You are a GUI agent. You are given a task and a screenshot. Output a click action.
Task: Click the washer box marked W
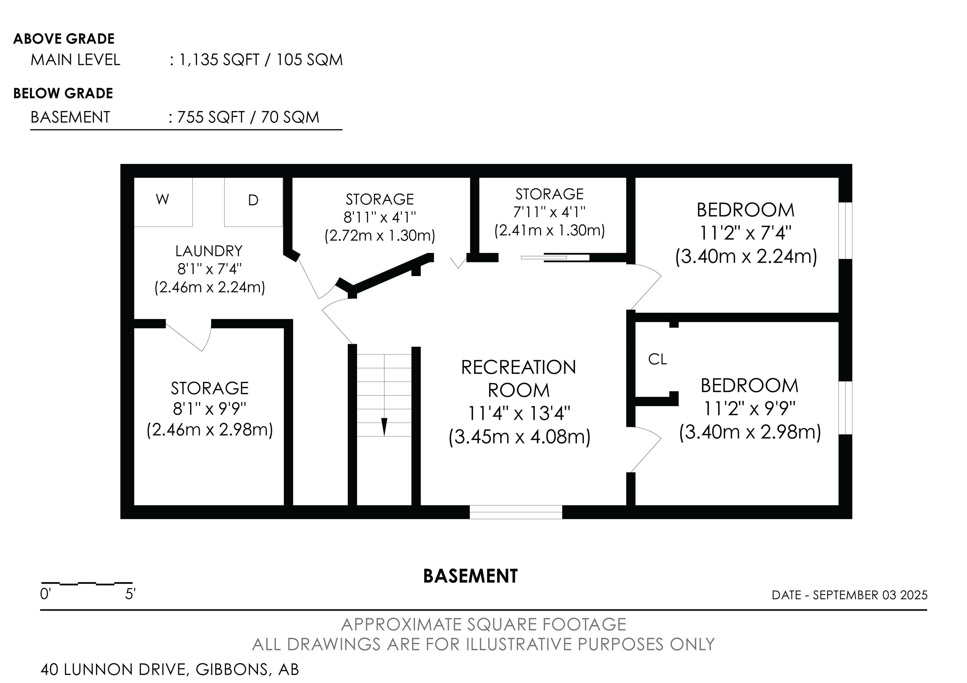[163, 202]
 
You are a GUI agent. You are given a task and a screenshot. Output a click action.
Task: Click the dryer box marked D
[253, 202]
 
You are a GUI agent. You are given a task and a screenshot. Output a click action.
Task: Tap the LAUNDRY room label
[209, 251]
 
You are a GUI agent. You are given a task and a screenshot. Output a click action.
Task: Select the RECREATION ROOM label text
[519, 379]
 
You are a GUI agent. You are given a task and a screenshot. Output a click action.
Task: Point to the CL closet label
[658, 359]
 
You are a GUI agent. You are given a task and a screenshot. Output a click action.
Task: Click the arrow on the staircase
[384, 427]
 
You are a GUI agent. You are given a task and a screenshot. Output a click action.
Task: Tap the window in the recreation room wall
[516, 512]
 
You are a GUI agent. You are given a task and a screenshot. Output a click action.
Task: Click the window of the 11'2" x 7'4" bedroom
[845, 231]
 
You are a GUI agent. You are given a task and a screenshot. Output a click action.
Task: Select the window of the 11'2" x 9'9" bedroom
[845, 408]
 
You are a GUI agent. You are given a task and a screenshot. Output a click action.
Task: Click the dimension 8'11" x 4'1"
[380, 217]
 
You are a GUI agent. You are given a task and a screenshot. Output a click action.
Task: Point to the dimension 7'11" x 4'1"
[549, 212]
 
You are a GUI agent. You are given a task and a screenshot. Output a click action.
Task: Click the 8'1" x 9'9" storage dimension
[210, 408]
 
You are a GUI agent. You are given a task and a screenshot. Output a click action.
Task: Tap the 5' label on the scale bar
[130, 594]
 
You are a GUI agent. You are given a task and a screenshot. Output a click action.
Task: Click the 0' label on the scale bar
[45, 594]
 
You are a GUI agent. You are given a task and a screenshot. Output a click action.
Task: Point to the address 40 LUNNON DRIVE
[113, 669]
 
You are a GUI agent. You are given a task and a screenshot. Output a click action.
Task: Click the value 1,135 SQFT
[219, 60]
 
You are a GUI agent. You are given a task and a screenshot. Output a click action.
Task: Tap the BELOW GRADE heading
[63, 93]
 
